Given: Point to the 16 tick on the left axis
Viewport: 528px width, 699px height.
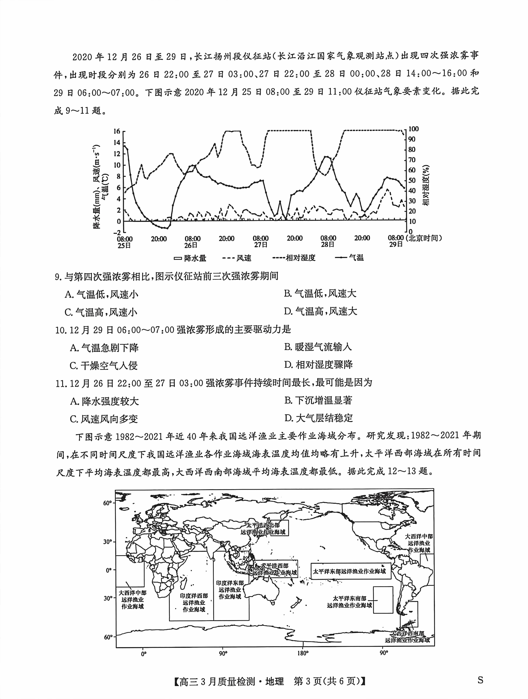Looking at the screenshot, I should click(x=117, y=131).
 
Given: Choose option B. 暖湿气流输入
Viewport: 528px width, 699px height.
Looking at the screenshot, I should click(x=318, y=347).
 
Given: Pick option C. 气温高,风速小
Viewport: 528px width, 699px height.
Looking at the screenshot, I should click(x=101, y=312).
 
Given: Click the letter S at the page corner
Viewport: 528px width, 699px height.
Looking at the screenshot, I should click(x=480, y=680).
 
